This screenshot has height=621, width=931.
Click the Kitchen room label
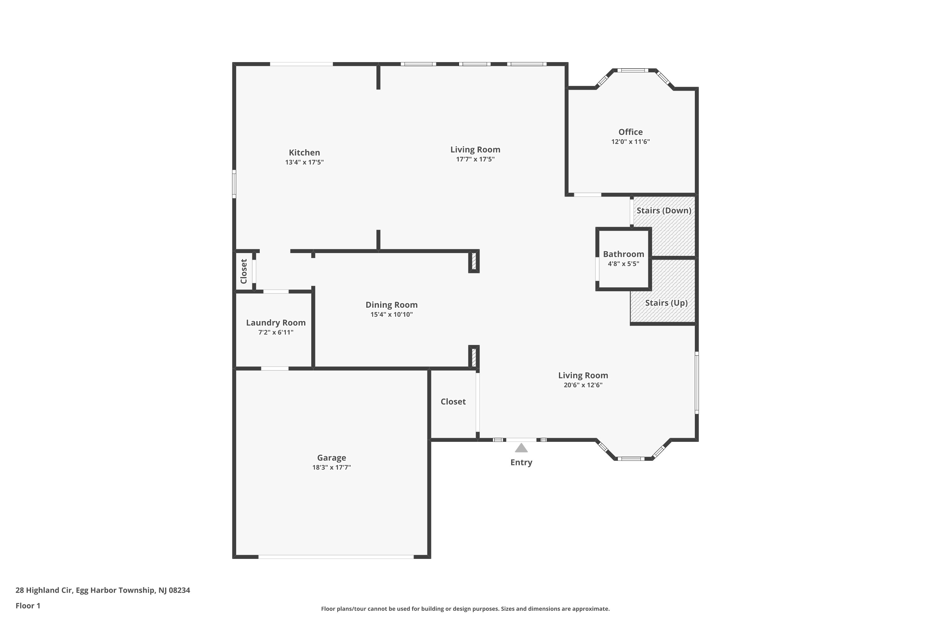coord(304,152)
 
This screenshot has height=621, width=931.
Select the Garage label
coord(331,457)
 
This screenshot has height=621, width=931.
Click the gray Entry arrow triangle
coord(521,448)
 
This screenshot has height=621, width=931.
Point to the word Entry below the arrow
coord(521,462)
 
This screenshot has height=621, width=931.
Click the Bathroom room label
coord(623,254)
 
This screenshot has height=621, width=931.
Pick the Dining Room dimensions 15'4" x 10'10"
coord(391,315)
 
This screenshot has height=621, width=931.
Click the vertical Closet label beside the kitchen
coord(244,271)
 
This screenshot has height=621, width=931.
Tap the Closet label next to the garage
coord(453,401)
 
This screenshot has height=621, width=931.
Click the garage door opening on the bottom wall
coord(336,556)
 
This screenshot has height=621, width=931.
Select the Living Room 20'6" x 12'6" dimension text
coord(583,385)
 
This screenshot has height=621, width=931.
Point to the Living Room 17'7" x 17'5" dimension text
coord(475,159)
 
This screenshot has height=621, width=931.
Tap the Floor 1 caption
coord(28,605)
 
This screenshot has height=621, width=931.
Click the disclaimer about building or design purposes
coord(465,609)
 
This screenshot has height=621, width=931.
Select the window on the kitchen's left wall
coord(234,184)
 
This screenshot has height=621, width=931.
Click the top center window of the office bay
coord(632,70)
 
